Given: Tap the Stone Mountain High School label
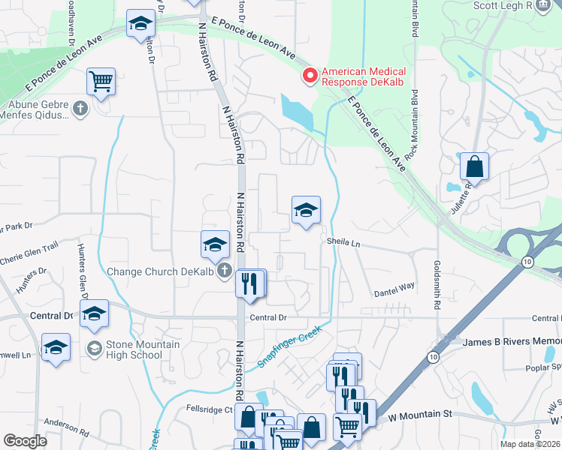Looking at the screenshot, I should pyautogui.click(x=134, y=349).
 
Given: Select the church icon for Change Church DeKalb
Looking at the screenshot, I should pyautogui.click(x=223, y=271).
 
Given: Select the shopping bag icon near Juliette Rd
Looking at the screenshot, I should pyautogui.click(x=474, y=166).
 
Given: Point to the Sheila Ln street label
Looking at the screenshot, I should pyautogui.click(x=343, y=242).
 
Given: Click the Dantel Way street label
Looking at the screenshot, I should pyautogui.click(x=394, y=286).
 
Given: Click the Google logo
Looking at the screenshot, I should pyautogui.click(x=26, y=440).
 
